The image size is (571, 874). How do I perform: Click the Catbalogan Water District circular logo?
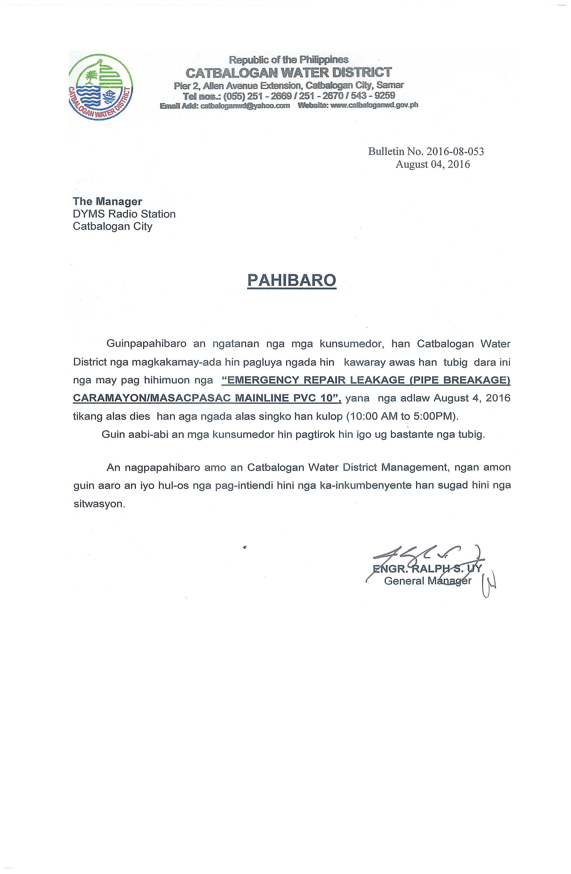point(101,88)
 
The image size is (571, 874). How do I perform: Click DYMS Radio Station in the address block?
point(124,214)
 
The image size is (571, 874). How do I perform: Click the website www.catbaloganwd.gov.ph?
point(374,105)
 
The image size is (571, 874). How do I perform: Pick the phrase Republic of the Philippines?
point(288,59)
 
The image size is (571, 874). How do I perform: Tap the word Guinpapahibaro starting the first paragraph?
point(146,344)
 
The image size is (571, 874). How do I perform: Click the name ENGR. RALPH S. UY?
point(427,569)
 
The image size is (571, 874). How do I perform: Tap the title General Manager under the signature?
point(427,581)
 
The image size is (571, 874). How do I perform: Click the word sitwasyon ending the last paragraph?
point(99,504)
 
